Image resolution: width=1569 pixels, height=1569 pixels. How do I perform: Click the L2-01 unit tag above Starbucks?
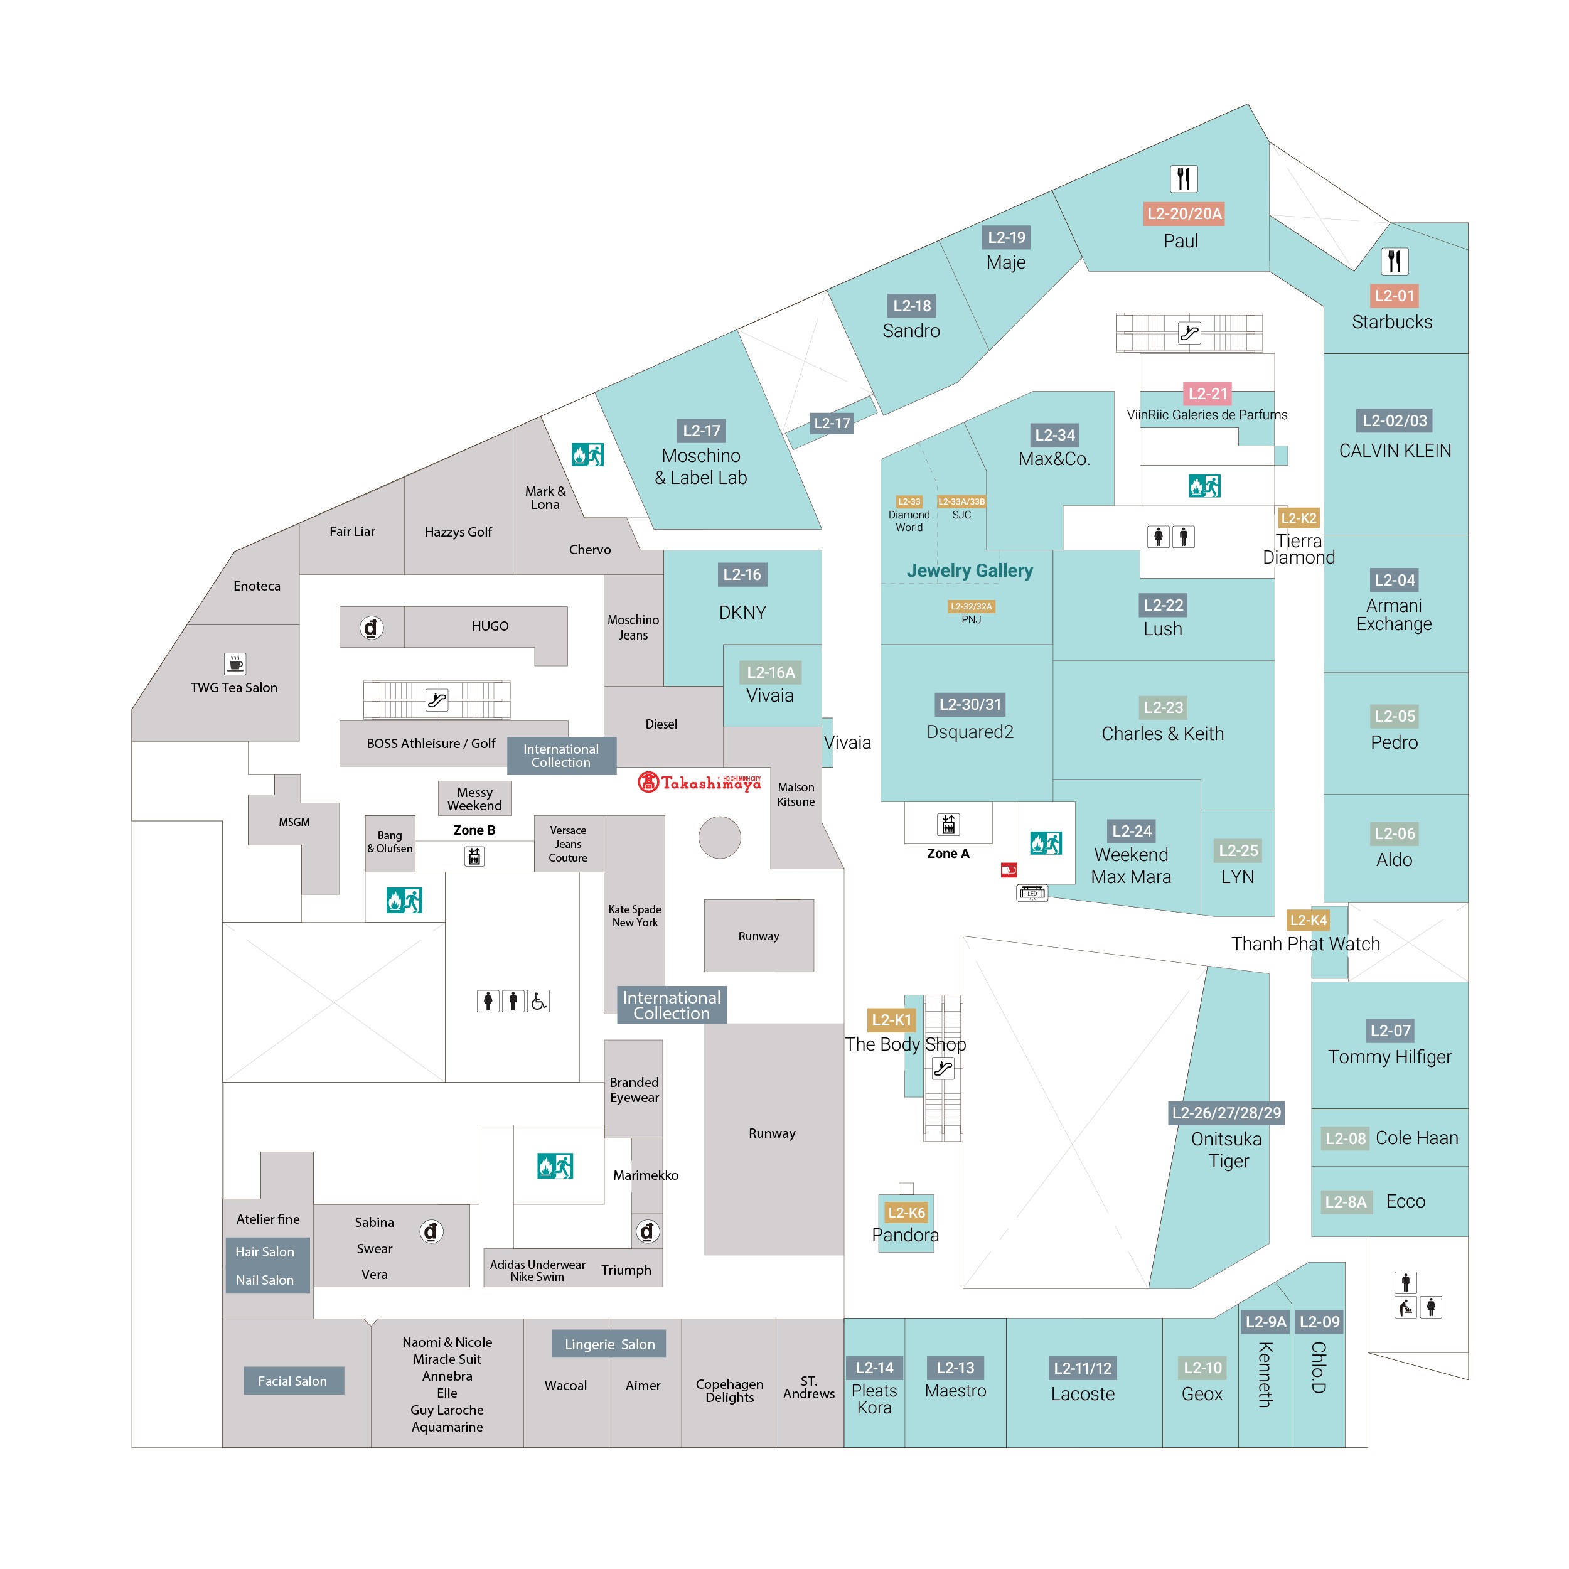1393,296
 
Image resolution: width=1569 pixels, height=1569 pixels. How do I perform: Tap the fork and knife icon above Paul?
1183,178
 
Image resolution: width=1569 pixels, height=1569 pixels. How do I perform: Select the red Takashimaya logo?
699,782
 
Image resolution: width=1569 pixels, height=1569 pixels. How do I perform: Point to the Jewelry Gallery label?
970,571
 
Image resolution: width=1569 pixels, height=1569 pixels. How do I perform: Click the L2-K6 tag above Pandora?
906,1213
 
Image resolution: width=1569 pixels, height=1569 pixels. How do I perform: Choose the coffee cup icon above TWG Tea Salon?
235,663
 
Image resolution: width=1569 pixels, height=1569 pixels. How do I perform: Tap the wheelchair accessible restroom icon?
538,1001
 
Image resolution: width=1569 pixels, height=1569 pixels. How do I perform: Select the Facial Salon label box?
292,1381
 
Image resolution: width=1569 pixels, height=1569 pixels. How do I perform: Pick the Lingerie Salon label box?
609,1344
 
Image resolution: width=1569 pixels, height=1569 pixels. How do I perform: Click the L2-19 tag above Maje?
1006,237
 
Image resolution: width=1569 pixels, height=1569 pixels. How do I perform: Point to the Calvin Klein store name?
1395,451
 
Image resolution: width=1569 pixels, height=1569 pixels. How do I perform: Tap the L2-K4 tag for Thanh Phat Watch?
1307,920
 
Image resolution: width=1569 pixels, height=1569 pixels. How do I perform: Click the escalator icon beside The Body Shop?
943,1069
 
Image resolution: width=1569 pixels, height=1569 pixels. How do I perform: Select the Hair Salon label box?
265,1251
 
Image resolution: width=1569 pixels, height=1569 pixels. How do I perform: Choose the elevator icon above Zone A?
948,824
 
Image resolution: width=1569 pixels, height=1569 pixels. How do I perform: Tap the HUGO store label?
490,626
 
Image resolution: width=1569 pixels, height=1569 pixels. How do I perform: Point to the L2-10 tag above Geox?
1202,1368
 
